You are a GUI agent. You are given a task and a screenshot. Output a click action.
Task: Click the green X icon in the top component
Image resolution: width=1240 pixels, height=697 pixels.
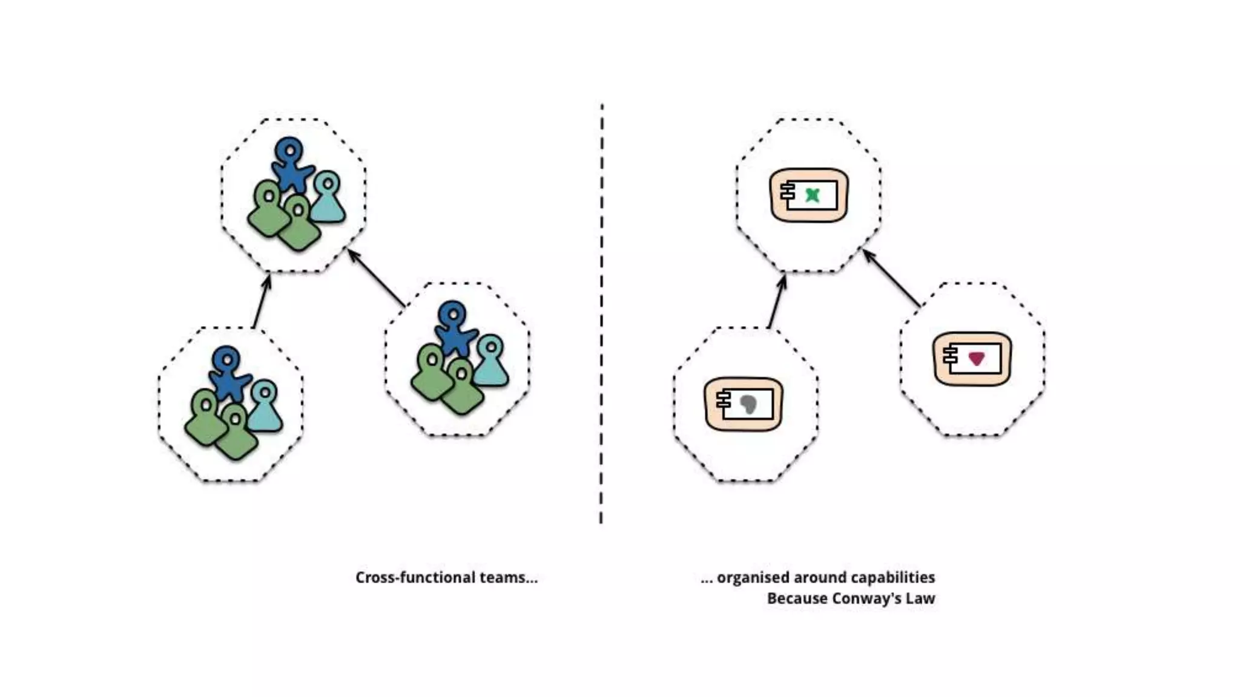pos(813,195)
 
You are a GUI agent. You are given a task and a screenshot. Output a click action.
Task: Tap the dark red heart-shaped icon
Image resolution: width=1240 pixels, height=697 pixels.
pos(976,359)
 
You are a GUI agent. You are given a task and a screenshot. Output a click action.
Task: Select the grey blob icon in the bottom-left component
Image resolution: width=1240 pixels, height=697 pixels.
pos(748,404)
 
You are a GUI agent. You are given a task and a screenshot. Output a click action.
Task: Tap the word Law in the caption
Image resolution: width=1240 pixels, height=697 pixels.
pos(920,598)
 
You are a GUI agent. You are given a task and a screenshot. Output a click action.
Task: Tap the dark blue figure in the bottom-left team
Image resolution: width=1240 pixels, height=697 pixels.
pos(228,373)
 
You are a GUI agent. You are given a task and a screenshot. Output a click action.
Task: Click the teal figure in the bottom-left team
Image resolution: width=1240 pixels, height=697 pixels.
pos(265,407)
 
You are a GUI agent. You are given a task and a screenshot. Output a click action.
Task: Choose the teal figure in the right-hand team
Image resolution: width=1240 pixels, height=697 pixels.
pos(490,362)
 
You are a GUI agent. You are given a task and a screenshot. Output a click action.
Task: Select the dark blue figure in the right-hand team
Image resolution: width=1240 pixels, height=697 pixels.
pos(453,330)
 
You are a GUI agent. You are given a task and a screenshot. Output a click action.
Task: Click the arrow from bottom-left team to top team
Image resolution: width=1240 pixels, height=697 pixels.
pos(261,302)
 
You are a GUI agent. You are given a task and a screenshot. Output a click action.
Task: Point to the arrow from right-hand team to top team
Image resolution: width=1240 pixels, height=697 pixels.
pos(377,278)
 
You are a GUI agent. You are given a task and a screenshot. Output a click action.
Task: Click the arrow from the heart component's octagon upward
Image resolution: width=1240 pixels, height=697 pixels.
pos(892,279)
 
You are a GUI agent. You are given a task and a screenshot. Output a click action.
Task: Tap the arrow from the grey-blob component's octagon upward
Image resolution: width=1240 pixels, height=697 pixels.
pos(776,302)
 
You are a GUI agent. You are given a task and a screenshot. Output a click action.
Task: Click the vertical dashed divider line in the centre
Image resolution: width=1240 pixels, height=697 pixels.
pos(601,315)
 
